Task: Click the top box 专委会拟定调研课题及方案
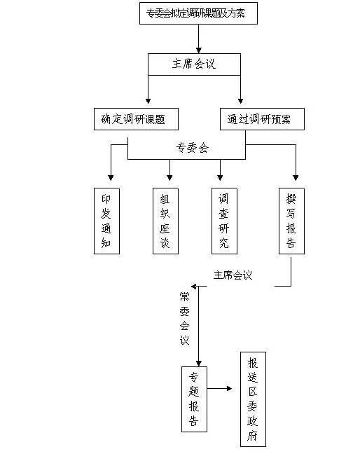point(198,13)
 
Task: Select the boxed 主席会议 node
point(194,64)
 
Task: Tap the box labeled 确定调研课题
point(136,119)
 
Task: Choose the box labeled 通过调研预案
point(262,119)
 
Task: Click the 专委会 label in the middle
point(193,148)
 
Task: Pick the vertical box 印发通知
point(106,221)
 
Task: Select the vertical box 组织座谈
point(165,221)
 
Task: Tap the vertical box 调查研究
point(224,221)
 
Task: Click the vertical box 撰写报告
point(291,221)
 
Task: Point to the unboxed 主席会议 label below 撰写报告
point(233,275)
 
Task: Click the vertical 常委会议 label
point(185,319)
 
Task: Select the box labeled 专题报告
point(194,399)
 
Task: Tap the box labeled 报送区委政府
point(253,399)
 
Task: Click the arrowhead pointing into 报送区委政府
point(230,389)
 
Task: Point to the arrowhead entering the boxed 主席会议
point(198,50)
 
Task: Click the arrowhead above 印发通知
point(111,177)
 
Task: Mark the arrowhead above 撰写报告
point(296,177)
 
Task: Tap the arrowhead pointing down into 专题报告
point(198,364)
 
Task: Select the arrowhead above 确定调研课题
point(148,101)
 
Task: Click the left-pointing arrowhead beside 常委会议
point(194,287)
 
